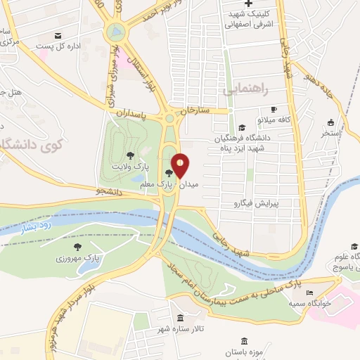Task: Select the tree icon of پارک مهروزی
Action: (x=77, y=247)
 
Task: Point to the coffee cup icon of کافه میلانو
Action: (x=274, y=109)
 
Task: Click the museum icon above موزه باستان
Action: (x=244, y=340)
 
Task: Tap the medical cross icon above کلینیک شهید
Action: (x=249, y=4)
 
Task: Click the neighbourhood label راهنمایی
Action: (x=244, y=91)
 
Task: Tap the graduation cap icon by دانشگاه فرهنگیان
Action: (x=242, y=127)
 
